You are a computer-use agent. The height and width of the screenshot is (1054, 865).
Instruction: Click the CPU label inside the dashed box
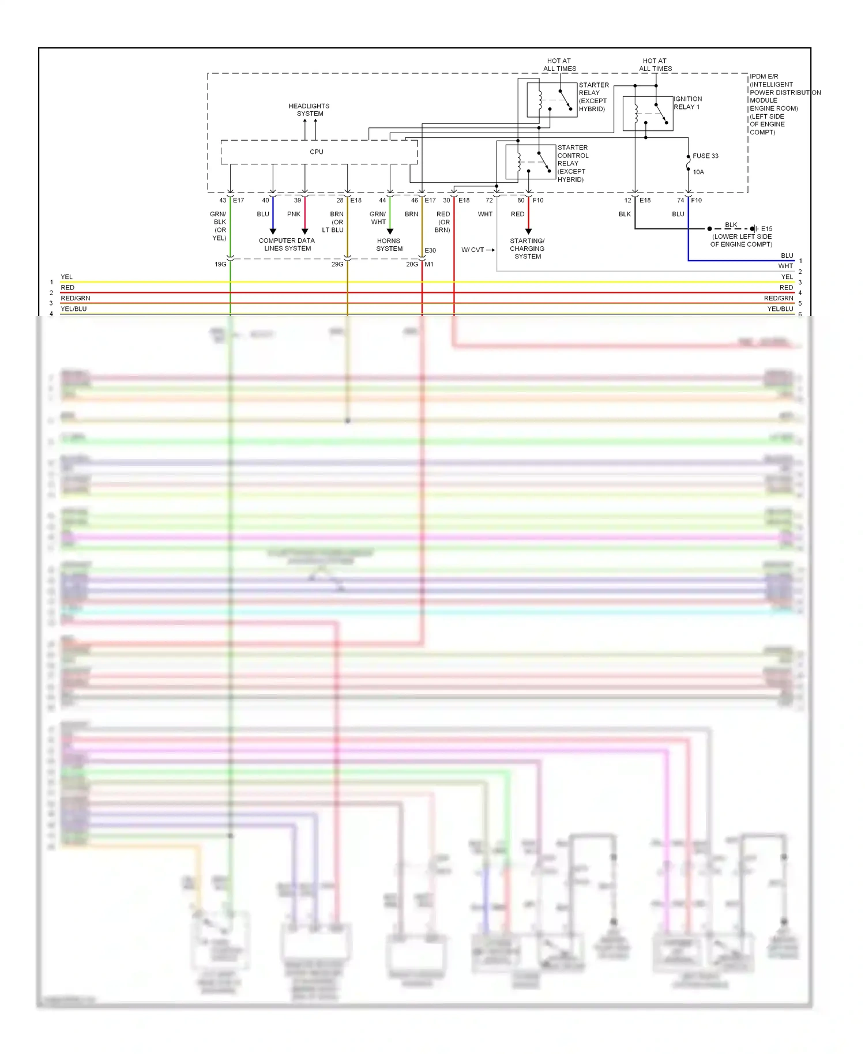click(317, 152)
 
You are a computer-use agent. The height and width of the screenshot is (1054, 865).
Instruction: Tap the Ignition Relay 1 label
click(687, 103)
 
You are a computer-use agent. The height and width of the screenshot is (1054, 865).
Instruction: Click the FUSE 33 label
click(705, 156)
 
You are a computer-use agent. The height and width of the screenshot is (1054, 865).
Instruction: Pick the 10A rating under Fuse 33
click(698, 172)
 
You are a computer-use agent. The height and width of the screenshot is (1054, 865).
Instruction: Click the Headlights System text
click(309, 110)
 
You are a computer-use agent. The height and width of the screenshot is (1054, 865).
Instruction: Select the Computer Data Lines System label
click(287, 244)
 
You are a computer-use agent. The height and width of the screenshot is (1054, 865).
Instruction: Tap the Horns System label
click(389, 245)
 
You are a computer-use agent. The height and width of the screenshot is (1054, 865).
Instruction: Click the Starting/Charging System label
click(527, 249)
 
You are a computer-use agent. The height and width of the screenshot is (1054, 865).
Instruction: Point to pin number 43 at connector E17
click(223, 201)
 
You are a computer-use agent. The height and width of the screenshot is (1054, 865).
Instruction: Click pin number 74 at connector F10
click(680, 201)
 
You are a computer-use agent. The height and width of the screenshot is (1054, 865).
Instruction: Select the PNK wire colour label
click(294, 214)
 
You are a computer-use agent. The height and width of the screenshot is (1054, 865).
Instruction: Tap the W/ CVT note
click(473, 250)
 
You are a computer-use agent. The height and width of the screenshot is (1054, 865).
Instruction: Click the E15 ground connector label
click(766, 229)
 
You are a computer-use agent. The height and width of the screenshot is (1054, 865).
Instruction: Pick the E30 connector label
click(430, 251)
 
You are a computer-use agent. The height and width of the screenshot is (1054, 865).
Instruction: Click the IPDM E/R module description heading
click(764, 77)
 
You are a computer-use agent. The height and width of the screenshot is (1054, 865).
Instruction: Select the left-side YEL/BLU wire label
click(74, 309)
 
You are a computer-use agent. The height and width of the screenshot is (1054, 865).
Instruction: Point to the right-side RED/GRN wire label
click(778, 299)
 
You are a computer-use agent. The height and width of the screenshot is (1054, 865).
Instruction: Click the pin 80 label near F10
click(521, 201)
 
